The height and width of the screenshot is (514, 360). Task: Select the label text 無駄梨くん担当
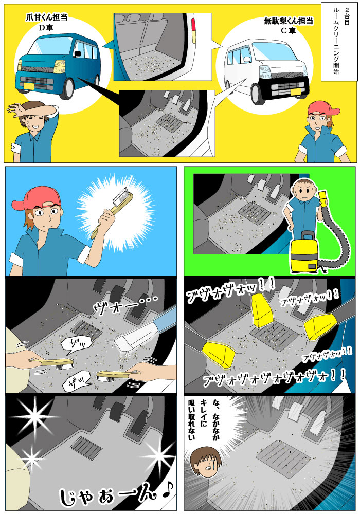coord(289,22)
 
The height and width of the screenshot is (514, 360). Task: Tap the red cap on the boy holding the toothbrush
coord(34,198)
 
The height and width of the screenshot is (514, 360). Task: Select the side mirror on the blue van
coord(79,52)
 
